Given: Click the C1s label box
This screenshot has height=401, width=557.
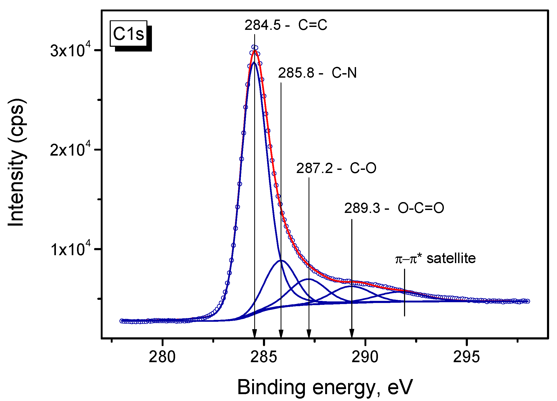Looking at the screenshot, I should click(129, 34).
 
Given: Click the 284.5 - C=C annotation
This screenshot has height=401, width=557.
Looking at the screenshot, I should click(286, 25).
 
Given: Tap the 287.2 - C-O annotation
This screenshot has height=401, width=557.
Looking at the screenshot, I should click(336, 168).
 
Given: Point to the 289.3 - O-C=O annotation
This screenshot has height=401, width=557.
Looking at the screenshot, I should click(394, 208).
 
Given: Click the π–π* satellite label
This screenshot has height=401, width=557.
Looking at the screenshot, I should click(435, 258).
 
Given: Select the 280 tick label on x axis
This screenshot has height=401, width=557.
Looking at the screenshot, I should click(162, 357).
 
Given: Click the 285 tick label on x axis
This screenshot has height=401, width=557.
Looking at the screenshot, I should click(263, 357).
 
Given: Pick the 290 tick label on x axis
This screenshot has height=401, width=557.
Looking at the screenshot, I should click(365, 357).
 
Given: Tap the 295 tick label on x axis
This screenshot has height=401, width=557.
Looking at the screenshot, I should click(466, 357).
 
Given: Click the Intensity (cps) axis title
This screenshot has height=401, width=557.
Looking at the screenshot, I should click(16, 162).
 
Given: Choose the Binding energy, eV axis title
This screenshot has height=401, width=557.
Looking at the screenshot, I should click(325, 387).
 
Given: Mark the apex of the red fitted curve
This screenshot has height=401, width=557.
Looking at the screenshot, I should click(255, 50).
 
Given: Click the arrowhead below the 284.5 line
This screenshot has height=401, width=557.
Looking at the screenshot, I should click(255, 333).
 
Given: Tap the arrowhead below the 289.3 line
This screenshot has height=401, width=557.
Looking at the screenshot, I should click(352, 333).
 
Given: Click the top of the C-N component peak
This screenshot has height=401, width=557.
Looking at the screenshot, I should click(281, 260).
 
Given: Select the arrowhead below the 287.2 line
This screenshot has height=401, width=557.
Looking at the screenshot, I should click(309, 333).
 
